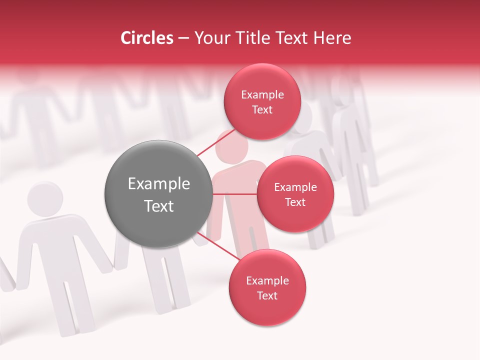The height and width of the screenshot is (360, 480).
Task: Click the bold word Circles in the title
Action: coord(147,38)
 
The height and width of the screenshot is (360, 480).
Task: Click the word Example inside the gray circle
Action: coord(158,184)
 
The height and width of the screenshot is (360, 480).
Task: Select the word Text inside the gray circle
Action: coord(158,206)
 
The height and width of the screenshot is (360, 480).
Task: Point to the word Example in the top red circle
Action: coord(262,95)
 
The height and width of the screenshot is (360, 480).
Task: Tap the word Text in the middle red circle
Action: coord(295,202)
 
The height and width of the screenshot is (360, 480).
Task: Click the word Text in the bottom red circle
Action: coord(267,295)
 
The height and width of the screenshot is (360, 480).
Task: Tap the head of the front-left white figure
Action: coord(45,198)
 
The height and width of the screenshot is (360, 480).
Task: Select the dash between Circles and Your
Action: coord(183,38)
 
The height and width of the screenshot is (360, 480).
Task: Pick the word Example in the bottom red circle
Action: coord(267,281)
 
